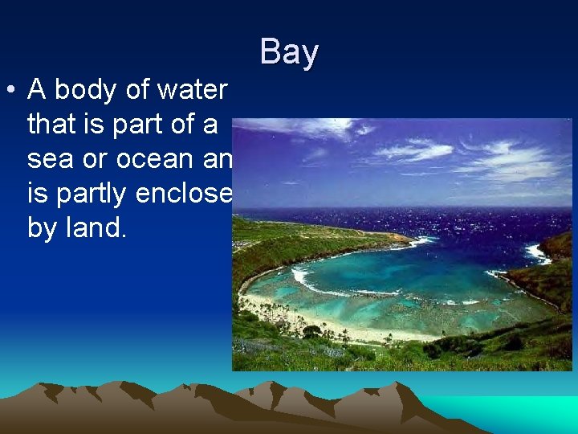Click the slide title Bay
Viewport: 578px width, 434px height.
click(289, 52)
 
